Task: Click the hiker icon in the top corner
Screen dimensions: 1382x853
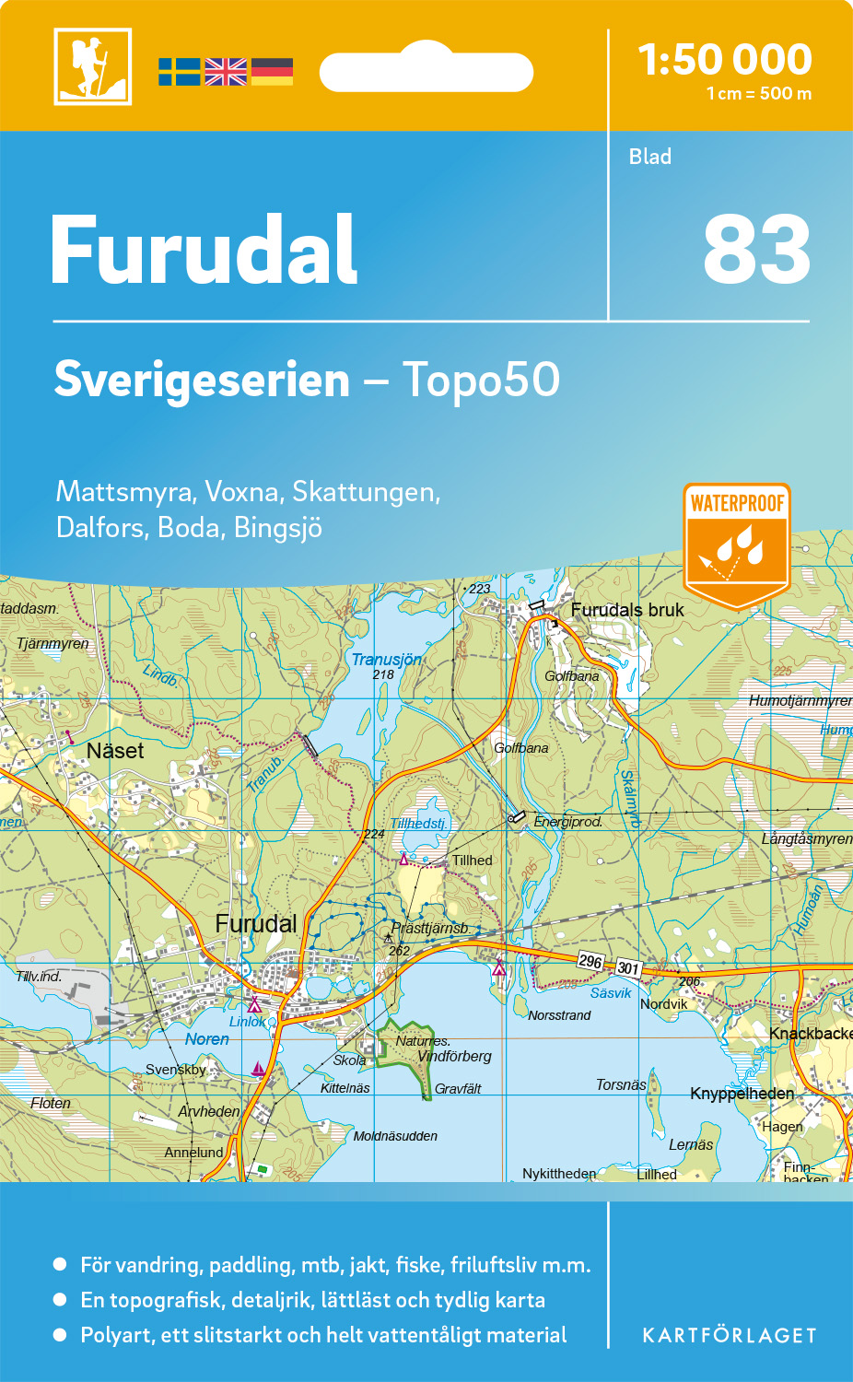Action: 92,66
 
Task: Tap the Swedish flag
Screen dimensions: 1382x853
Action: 179,72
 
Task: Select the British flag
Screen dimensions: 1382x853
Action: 226,72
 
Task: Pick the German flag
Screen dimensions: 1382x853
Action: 272,72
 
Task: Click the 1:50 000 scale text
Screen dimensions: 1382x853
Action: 725,60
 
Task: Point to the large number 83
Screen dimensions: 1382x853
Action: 755,251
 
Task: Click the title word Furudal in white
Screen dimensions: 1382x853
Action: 204,251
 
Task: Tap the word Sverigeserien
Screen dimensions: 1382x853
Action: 202,380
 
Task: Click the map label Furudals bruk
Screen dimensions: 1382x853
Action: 627,610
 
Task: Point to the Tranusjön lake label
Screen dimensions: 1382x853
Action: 386,660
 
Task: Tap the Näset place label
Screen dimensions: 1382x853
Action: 115,751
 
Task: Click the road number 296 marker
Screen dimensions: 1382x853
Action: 590,961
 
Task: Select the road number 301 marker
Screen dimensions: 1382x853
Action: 628,967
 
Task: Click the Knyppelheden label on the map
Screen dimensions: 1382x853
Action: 742,1094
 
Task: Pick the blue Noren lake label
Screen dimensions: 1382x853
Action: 206,1039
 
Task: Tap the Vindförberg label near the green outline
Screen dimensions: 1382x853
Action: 454,1057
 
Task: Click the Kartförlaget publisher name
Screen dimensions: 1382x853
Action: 729,1336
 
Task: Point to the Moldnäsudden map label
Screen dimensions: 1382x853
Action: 395,1136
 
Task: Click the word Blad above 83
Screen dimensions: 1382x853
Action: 649,157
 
